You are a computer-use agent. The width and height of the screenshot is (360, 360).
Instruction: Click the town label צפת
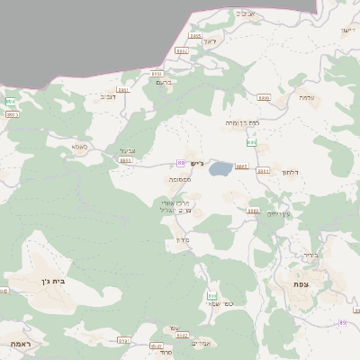299,284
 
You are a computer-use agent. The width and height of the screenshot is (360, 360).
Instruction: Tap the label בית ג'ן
54,282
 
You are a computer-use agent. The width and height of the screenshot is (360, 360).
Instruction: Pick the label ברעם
164,82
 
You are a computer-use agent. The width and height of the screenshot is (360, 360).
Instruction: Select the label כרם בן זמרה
242,121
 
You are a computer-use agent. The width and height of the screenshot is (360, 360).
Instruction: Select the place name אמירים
200,343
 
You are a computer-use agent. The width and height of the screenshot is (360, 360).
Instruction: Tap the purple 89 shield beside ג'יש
181,163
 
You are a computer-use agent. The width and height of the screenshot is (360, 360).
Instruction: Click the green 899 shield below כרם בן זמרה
252,143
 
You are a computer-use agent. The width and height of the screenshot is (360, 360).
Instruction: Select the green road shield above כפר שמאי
211,295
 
